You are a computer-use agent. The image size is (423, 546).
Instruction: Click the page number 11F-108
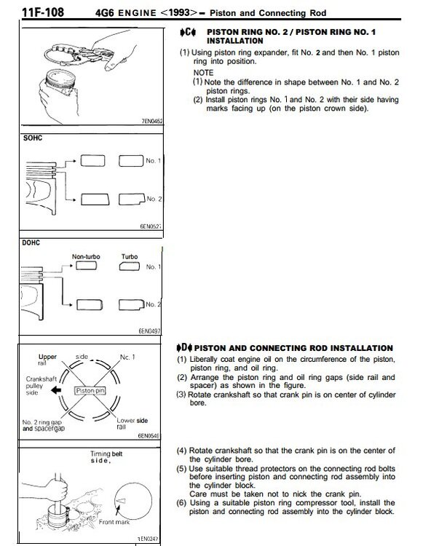click(43, 12)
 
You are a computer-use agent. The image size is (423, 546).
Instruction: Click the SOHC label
click(33, 138)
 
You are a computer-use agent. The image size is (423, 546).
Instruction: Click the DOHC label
click(31, 242)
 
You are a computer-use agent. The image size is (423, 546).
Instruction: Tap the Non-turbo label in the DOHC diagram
click(86, 257)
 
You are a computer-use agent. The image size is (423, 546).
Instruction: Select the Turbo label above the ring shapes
click(130, 257)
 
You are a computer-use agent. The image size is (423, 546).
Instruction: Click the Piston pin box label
click(90, 391)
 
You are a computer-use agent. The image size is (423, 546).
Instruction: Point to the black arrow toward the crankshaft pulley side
click(56, 390)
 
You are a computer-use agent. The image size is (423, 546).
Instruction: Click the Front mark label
click(114, 522)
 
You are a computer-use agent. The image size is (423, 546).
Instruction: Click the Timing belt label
click(106, 454)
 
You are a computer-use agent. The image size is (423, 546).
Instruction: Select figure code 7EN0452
click(152, 121)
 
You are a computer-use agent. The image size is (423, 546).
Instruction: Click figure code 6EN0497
click(150, 331)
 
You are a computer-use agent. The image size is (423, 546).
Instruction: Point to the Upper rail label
click(47, 360)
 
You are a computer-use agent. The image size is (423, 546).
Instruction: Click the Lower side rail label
click(132, 424)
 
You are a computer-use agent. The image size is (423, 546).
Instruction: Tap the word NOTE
click(203, 73)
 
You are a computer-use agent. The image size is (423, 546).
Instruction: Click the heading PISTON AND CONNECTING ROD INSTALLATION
click(293, 348)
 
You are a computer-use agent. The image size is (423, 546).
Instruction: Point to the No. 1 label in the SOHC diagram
click(153, 161)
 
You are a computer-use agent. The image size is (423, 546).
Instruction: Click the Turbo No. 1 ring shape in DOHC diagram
click(130, 266)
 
